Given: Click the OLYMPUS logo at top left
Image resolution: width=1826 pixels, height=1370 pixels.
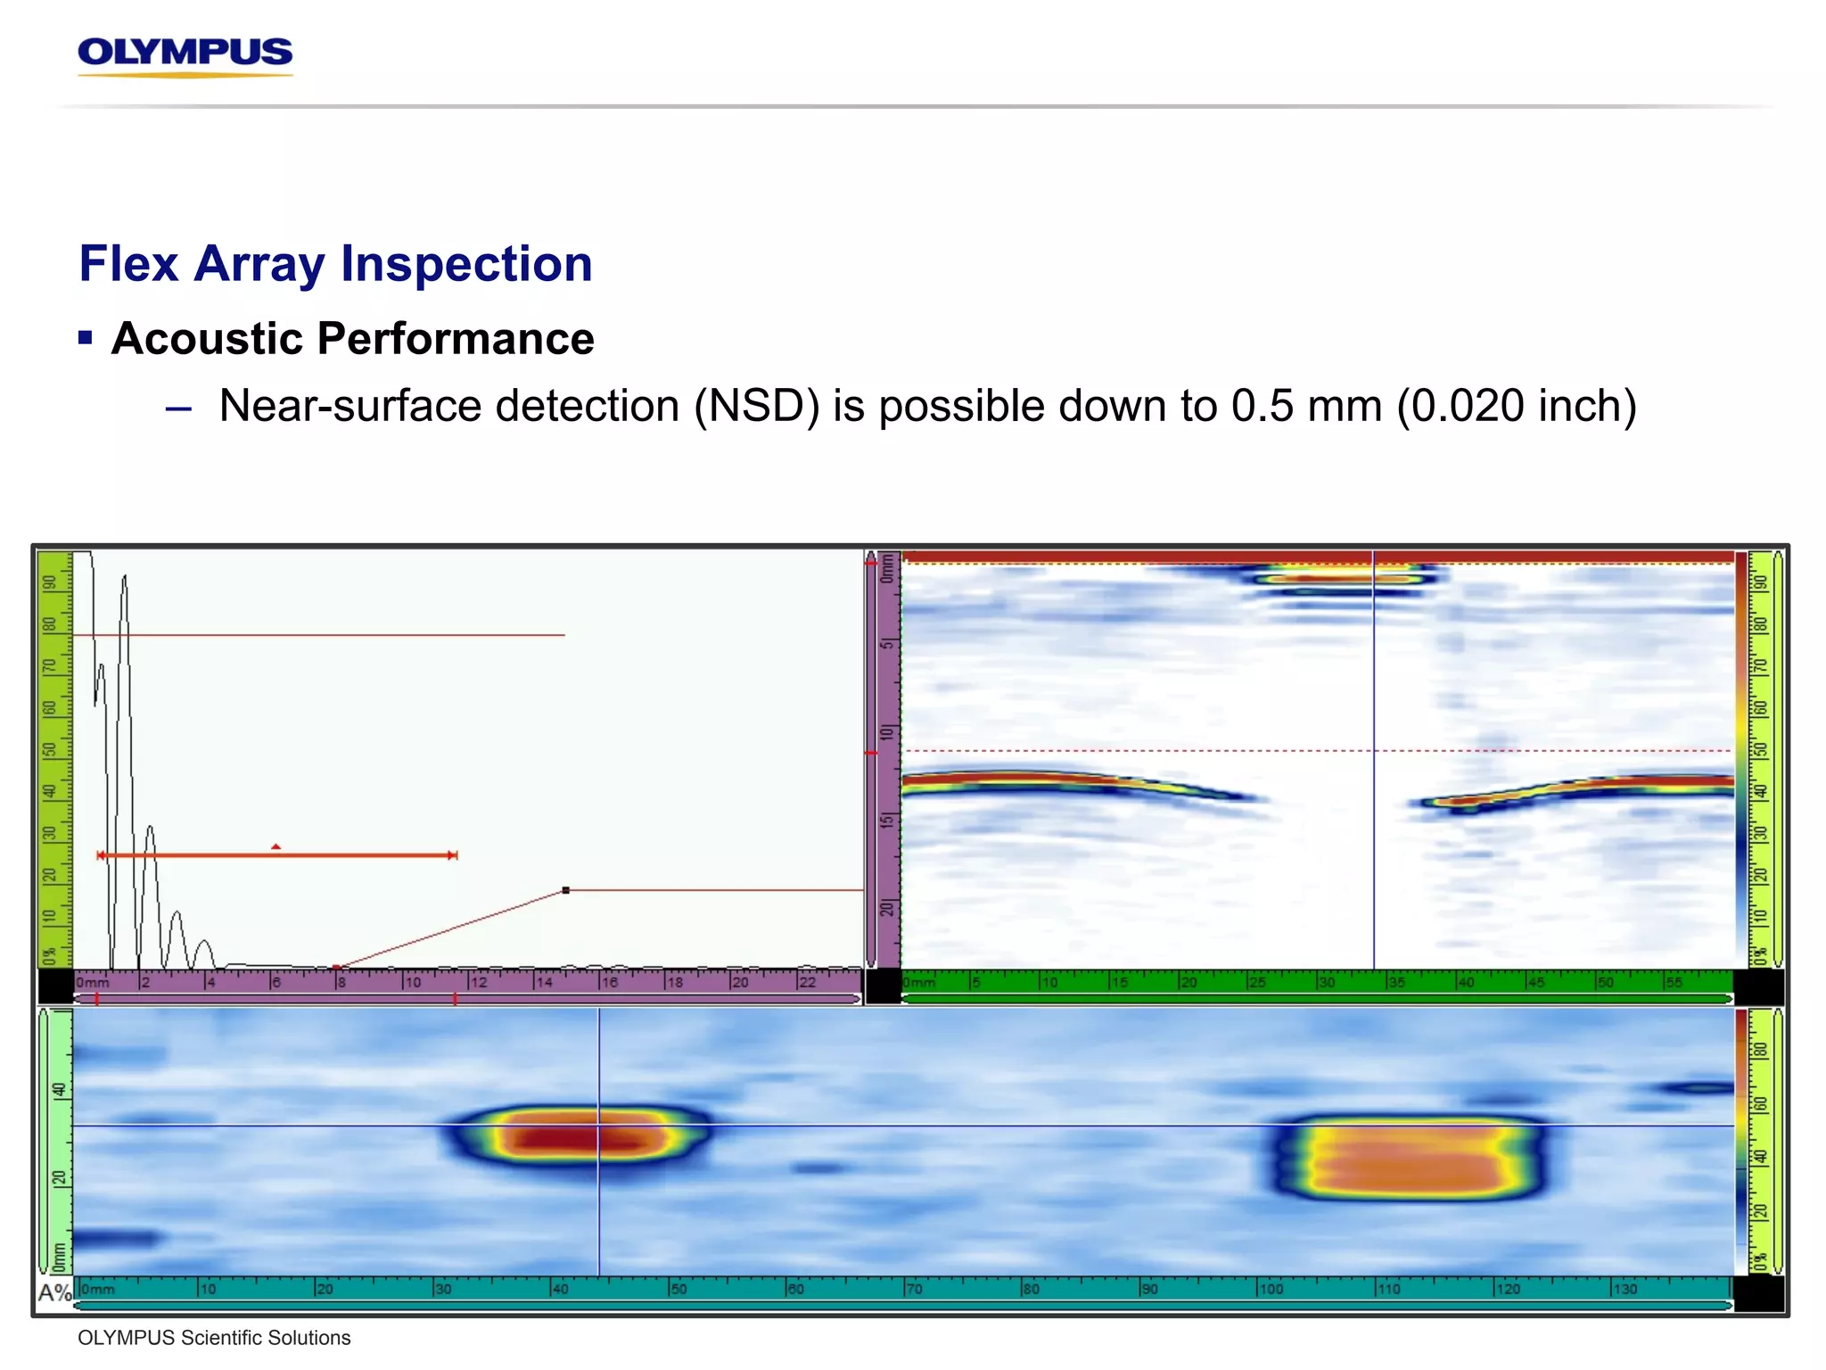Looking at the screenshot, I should pyautogui.click(x=185, y=54).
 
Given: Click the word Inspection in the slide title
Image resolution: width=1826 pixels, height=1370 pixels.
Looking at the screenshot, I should pyautogui.click(x=466, y=264).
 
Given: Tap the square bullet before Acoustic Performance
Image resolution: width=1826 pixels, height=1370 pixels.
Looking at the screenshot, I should pyautogui.click(x=86, y=338).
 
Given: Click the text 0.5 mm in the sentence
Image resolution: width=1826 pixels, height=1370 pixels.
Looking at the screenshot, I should pyautogui.click(x=1305, y=407).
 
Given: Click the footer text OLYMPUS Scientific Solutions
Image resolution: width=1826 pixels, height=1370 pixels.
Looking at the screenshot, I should pyautogui.click(x=214, y=1338).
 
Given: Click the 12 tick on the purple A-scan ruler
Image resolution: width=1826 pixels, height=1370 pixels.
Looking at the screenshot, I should pyautogui.click(x=478, y=982).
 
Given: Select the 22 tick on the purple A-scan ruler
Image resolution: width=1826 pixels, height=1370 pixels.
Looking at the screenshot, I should pyautogui.click(x=806, y=982).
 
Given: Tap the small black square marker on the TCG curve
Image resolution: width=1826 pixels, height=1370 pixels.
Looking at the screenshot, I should pyautogui.click(x=566, y=890).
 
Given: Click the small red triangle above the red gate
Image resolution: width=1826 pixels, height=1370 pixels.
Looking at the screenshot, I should pyautogui.click(x=276, y=846).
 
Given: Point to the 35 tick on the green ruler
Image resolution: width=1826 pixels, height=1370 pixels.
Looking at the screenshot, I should pyautogui.click(x=1395, y=982).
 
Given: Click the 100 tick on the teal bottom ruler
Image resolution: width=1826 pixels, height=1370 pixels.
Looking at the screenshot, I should pyautogui.click(x=1271, y=1289).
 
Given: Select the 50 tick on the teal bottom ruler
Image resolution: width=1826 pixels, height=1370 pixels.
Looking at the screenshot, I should pyautogui.click(x=678, y=1289).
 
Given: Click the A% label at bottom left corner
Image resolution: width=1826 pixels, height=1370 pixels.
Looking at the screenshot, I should pyautogui.click(x=54, y=1292).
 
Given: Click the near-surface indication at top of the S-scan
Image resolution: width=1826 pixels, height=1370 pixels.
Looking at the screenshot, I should pyautogui.click(x=1337, y=578).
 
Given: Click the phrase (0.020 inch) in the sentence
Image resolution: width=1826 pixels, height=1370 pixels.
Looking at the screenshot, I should pyautogui.click(x=1517, y=407).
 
